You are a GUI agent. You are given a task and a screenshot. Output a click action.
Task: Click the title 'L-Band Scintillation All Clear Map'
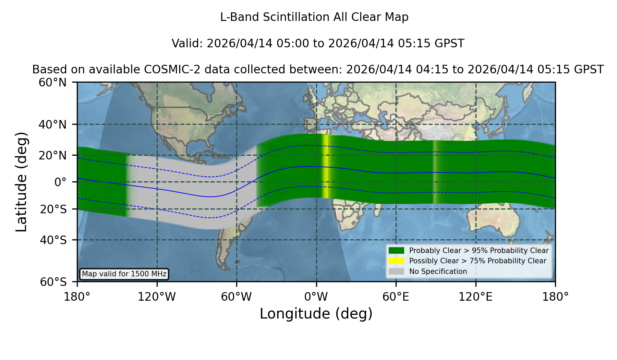click(x=314, y=17)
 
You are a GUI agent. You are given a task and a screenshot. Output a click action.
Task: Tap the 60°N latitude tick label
click(x=52, y=83)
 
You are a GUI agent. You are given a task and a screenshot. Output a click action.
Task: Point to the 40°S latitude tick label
click(x=53, y=240)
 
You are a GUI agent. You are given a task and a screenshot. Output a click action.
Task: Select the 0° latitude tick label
click(x=60, y=182)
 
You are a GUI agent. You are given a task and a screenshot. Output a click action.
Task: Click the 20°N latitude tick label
click(x=52, y=155)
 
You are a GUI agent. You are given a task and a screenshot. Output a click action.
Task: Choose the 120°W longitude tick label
click(x=157, y=297)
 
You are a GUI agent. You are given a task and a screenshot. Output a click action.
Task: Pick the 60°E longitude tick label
click(x=396, y=297)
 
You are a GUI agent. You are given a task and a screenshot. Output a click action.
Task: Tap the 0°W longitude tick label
click(x=316, y=297)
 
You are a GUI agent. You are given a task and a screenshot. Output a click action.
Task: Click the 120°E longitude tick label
click(x=475, y=297)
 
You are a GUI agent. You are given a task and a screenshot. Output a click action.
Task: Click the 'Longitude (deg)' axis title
click(x=316, y=314)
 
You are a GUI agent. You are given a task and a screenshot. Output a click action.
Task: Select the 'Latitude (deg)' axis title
click(x=22, y=182)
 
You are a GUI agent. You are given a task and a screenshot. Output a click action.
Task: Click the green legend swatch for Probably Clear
click(x=396, y=250)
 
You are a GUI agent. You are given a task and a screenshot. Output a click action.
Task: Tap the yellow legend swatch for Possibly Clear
click(x=396, y=261)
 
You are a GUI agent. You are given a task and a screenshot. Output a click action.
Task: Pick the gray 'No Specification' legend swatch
click(x=396, y=272)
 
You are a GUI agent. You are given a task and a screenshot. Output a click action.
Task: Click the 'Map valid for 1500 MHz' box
click(x=124, y=274)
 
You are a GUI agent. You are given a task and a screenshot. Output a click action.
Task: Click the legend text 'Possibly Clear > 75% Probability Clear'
click(x=477, y=261)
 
